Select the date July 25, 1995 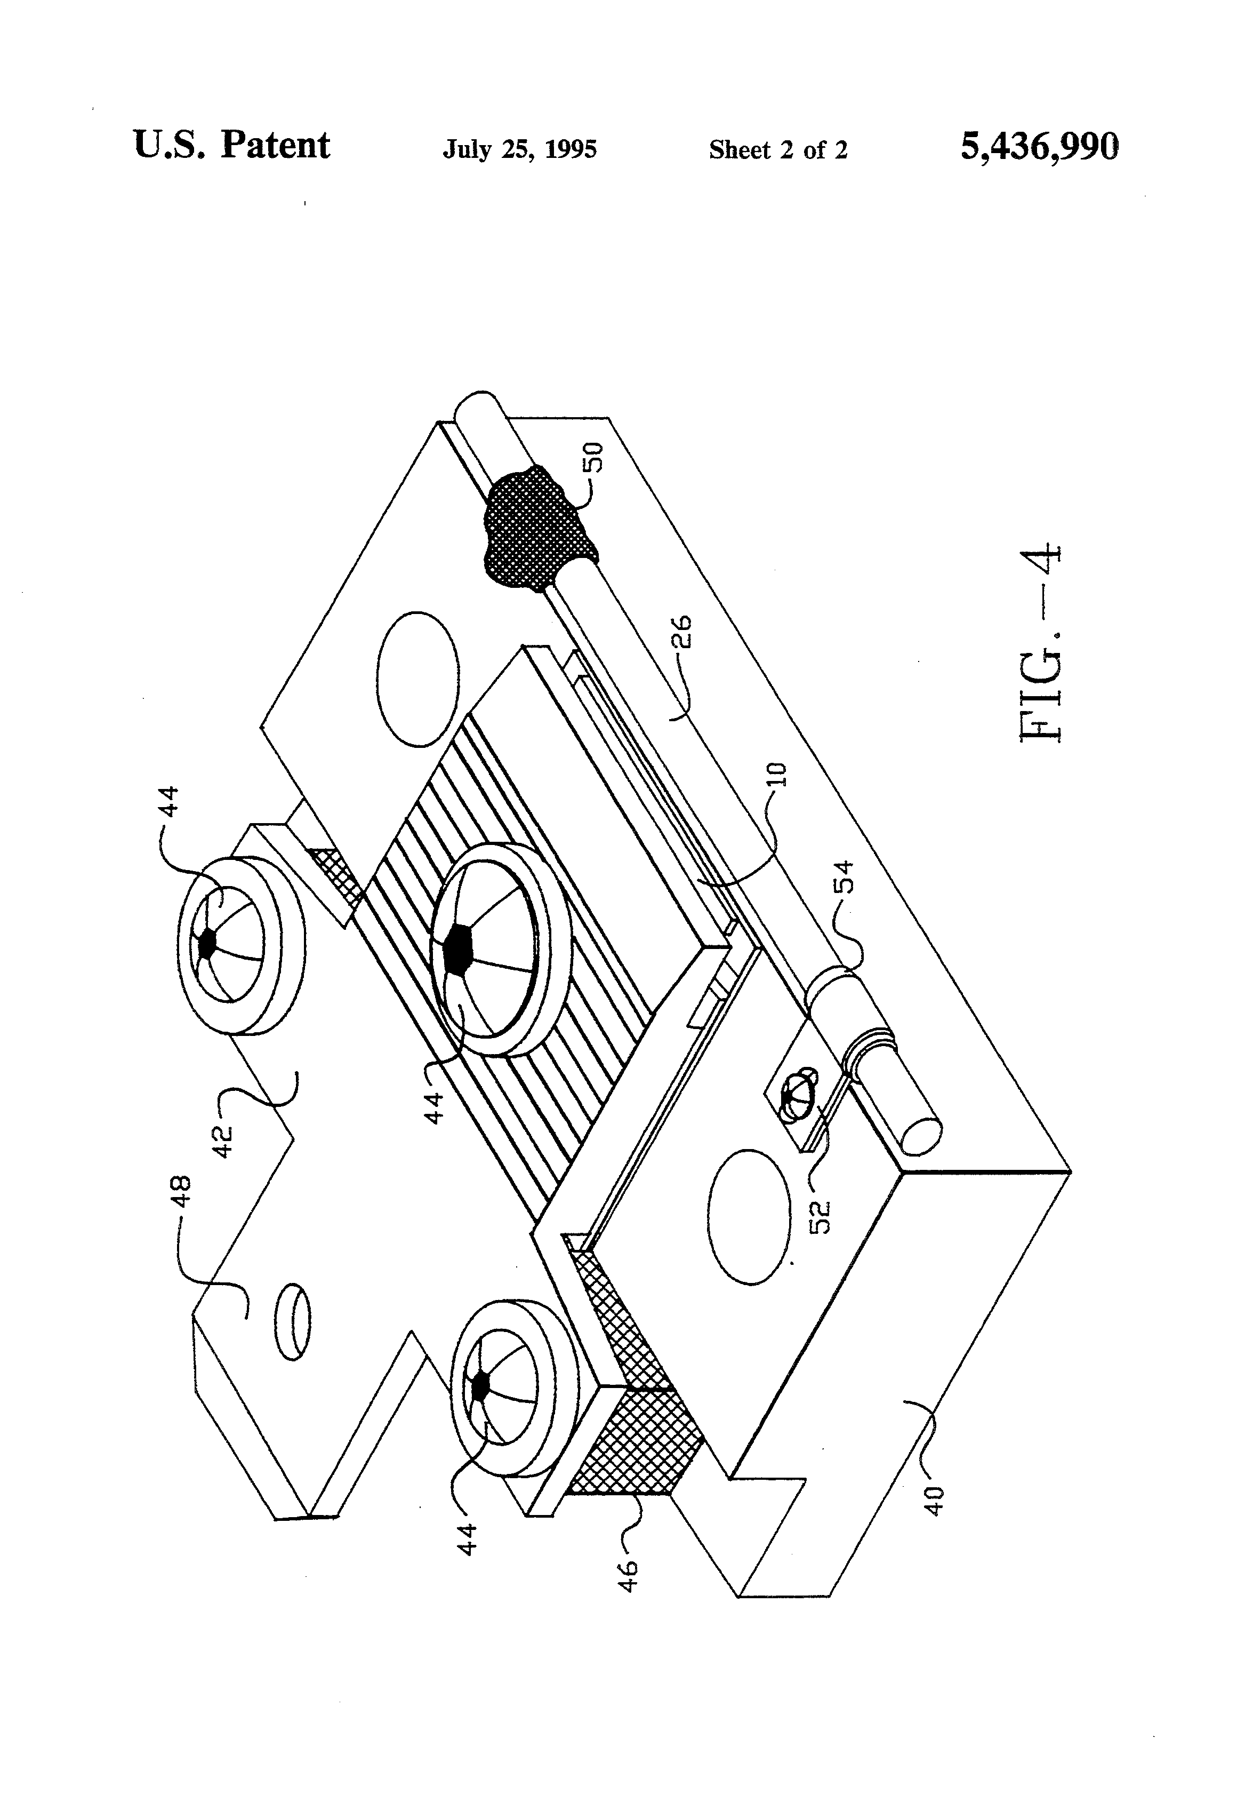pos(519,149)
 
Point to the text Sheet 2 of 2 pos(778,149)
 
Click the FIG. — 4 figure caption pos(1041,642)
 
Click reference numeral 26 pos(682,632)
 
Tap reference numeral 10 pos(778,775)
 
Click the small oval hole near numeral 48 pos(291,1321)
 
